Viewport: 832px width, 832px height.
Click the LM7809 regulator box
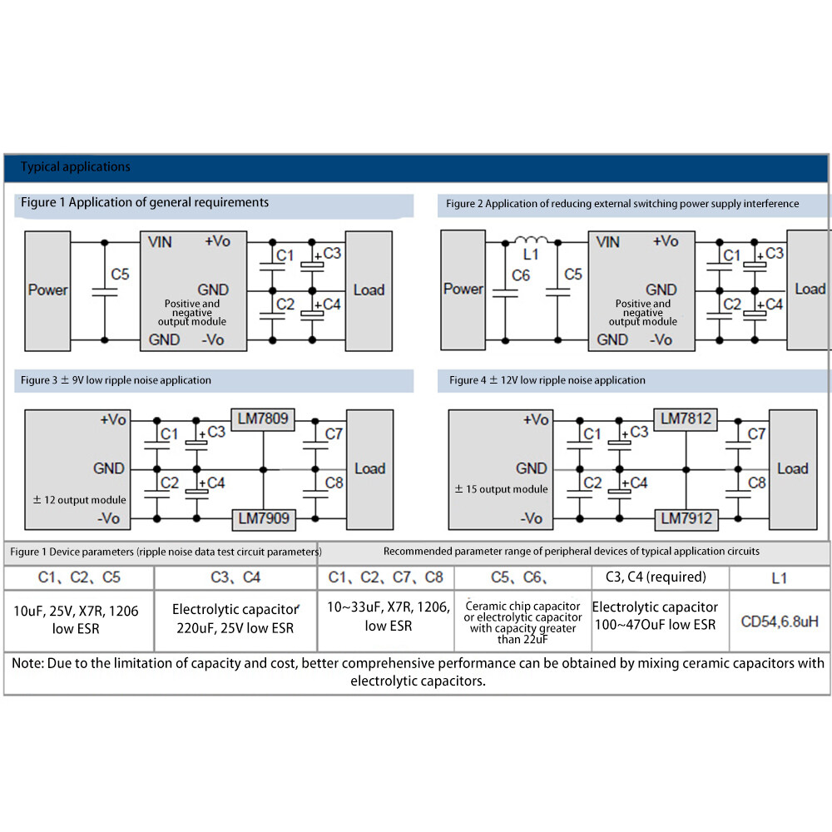(x=263, y=419)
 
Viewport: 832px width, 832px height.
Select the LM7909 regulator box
(x=264, y=518)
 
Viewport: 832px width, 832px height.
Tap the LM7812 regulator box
(x=686, y=419)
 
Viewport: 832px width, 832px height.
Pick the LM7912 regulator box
(x=686, y=518)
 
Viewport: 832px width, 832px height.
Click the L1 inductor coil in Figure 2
(x=532, y=240)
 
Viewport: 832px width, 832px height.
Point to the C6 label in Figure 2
(x=521, y=275)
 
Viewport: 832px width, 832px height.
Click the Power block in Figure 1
(x=47, y=290)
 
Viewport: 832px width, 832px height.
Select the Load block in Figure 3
(x=370, y=469)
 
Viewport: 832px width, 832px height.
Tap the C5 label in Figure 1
(x=120, y=275)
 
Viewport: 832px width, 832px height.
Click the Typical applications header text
(x=76, y=166)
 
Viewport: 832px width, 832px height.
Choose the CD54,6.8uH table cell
(x=780, y=622)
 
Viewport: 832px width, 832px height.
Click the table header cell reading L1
(x=780, y=578)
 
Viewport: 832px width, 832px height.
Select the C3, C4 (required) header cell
(x=656, y=577)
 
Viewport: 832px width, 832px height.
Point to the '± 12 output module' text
(x=80, y=500)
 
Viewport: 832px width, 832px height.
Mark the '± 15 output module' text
(x=502, y=489)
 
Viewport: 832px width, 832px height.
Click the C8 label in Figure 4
(x=756, y=483)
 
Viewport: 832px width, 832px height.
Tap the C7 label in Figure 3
(x=334, y=434)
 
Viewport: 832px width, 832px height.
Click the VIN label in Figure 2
(x=607, y=242)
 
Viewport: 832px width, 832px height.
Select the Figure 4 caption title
(x=547, y=380)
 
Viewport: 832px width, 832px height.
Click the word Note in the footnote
(x=27, y=663)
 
